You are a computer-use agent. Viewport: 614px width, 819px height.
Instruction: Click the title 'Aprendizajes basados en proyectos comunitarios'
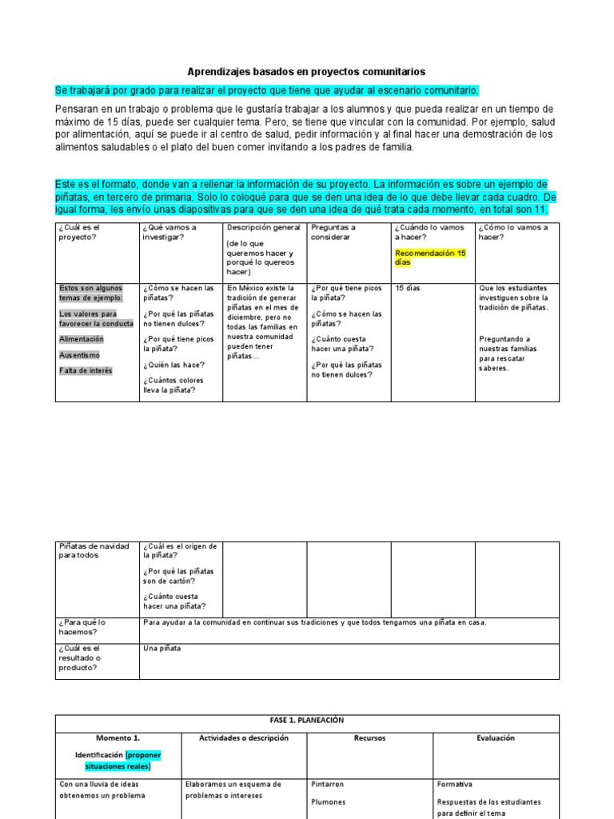[x=306, y=71]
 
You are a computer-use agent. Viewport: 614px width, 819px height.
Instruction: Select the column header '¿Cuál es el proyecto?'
[x=78, y=232]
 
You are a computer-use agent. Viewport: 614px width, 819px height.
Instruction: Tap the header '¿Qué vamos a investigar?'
[x=170, y=232]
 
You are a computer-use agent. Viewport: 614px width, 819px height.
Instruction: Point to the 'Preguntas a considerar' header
[x=333, y=232]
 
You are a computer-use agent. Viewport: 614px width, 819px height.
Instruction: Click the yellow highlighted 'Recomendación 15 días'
[x=430, y=258]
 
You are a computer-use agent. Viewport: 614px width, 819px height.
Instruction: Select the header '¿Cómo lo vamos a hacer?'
[x=512, y=232]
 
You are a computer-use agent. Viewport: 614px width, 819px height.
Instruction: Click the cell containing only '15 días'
[x=409, y=288]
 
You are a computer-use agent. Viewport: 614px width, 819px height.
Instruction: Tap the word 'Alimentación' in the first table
[x=82, y=339]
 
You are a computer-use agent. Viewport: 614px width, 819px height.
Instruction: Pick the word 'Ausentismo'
[x=80, y=355]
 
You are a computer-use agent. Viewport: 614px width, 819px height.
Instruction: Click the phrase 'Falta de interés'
[x=86, y=370]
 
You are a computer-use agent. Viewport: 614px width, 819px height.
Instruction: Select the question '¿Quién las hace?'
[x=171, y=365]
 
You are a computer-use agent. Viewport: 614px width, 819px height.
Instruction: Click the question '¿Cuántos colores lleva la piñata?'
[x=173, y=386]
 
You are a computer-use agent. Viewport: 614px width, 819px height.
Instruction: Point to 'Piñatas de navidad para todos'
[x=94, y=551]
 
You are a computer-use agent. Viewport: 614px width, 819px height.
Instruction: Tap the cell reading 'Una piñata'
[x=162, y=648]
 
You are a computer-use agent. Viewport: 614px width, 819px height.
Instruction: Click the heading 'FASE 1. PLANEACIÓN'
[x=307, y=721]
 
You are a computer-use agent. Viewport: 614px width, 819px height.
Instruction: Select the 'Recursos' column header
[x=369, y=738]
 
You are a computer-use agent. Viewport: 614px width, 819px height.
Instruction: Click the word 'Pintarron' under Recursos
[x=328, y=785]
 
